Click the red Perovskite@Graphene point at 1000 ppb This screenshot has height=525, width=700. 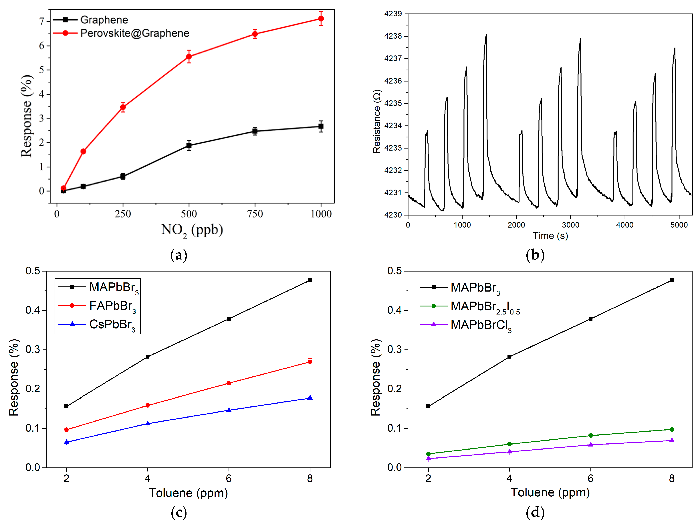321,19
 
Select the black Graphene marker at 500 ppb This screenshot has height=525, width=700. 189,146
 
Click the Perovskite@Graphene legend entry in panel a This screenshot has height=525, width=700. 134,33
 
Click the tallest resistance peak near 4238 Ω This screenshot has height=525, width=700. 486,35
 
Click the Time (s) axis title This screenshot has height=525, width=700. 550,236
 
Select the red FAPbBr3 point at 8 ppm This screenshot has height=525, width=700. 310,362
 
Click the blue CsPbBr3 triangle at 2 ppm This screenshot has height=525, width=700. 66,442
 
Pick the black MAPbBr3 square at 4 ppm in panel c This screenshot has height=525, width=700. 147,357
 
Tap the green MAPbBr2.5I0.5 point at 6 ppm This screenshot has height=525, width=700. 590,435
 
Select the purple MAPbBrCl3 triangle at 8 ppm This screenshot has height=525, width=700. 672,440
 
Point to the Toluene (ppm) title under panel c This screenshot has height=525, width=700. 188,493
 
